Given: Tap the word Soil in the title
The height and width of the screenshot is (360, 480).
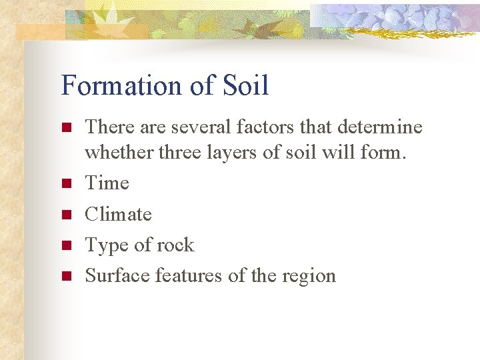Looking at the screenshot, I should point(246,86).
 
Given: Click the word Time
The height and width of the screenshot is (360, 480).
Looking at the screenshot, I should point(107,183).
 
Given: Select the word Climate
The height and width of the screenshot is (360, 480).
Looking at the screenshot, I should point(118,215).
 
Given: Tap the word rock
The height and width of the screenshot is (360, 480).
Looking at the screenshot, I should point(175,245).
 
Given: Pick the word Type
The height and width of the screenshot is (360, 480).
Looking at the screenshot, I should point(107,246).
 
